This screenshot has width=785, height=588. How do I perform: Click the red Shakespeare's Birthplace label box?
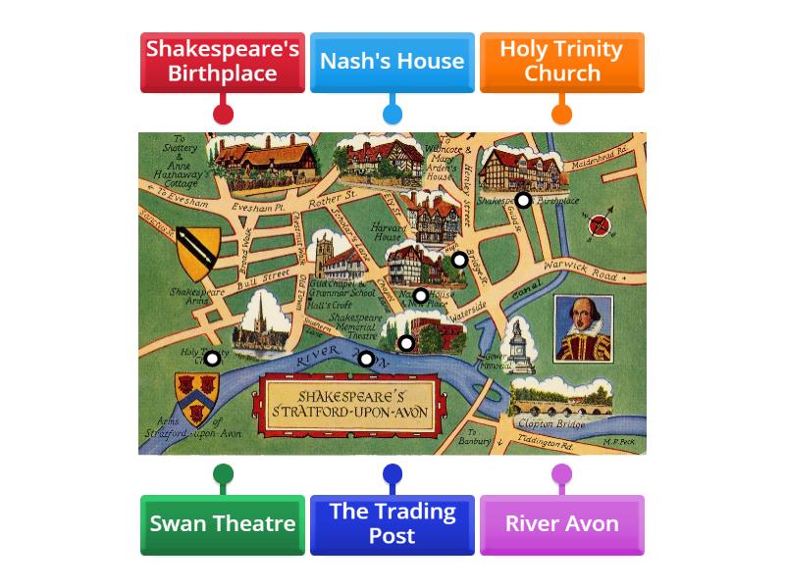(223, 62)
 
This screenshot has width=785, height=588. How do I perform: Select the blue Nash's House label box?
(392, 62)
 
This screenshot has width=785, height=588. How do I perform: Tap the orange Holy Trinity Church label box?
(561, 62)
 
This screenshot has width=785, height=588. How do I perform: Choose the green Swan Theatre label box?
(223, 524)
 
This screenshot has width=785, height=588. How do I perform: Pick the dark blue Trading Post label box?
(392, 524)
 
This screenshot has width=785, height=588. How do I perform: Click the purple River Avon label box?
(561, 524)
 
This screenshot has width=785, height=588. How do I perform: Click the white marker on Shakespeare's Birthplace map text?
(524, 200)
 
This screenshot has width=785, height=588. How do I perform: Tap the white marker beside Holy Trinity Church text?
(212, 358)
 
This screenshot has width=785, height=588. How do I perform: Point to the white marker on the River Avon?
(366, 359)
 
